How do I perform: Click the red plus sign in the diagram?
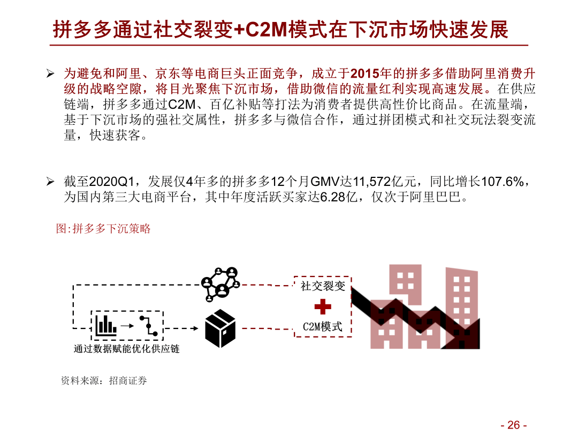[323, 306]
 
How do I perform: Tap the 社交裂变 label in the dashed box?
[323, 286]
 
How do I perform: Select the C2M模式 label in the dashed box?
[323, 327]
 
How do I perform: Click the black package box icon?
[220, 328]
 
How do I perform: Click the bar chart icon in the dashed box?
[106, 326]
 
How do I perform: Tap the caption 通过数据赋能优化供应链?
[126, 349]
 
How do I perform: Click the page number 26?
[514, 425]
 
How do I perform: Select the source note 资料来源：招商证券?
[104, 380]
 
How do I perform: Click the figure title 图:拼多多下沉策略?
[103, 229]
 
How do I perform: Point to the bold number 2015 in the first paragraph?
[365, 74]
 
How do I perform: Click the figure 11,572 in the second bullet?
[372, 182]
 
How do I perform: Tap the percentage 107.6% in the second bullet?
[503, 182]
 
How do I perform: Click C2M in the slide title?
[266, 29]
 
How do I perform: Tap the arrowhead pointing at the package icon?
[196, 328]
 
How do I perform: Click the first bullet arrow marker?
[50, 74]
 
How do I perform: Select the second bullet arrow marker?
[50, 182]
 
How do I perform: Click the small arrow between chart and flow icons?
[127, 326]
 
